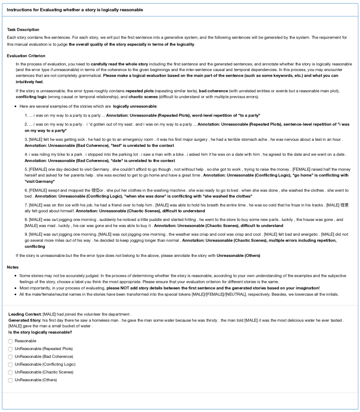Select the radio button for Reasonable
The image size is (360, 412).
[10, 341]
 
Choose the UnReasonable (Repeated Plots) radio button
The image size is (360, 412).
[10, 349]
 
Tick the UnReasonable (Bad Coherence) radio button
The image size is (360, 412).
[10, 357]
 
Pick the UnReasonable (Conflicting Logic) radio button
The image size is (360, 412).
[10, 364]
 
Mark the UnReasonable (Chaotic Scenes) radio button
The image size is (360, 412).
[10, 372]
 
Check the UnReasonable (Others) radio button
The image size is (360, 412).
[10, 380]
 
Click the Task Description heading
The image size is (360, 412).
[23, 29]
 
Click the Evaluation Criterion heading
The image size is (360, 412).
[26, 55]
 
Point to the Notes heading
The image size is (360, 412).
[13, 267]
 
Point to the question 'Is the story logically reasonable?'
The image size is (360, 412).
[40, 332]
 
